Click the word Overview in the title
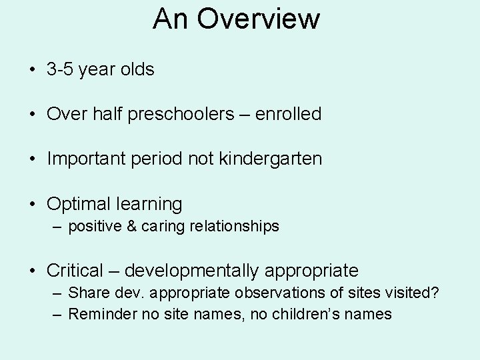tap(259, 19)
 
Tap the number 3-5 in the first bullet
tap(60, 69)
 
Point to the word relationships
tap(234, 227)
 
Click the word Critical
tap(75, 271)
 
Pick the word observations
tap(277, 293)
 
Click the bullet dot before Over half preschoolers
tap(31, 115)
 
